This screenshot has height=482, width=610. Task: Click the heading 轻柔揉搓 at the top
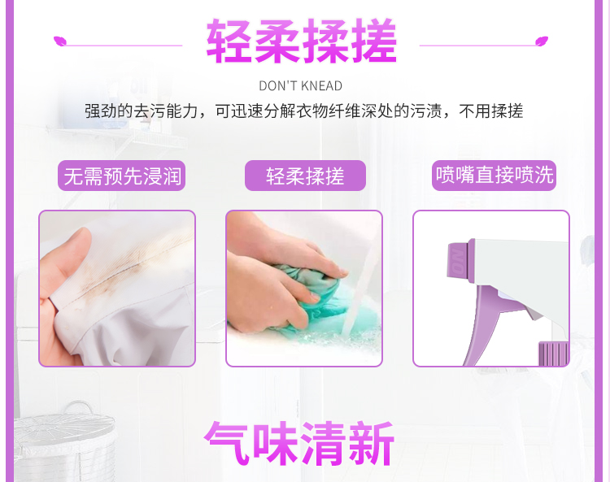click(x=302, y=41)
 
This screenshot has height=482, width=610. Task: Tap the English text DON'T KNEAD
click(x=301, y=86)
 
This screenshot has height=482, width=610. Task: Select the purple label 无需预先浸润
click(x=122, y=176)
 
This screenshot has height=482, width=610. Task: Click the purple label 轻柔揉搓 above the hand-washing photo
click(x=305, y=176)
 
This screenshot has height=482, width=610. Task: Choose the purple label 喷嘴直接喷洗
click(x=494, y=176)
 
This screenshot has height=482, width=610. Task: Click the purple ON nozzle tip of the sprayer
click(x=459, y=260)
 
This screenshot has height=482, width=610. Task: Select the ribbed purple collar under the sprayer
click(x=553, y=354)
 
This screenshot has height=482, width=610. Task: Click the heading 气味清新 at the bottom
click(x=299, y=444)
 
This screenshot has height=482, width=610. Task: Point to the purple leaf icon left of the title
click(x=60, y=41)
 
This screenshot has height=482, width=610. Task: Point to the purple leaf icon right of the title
click(x=542, y=41)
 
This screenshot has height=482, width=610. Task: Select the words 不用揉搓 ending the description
click(x=491, y=111)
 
